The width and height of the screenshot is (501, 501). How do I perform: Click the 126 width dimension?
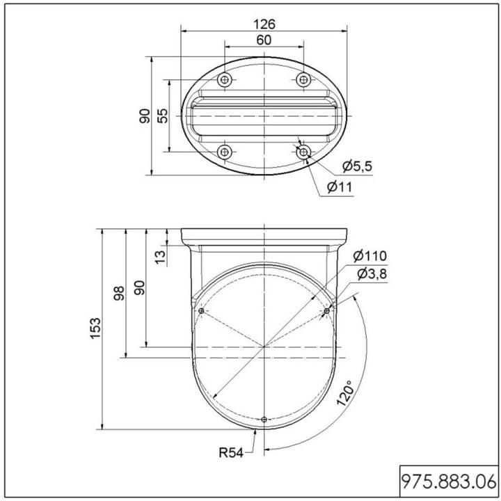tap(264, 24)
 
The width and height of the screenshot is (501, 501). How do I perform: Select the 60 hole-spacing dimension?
tap(264, 40)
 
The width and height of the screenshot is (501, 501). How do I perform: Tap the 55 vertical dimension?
tap(163, 116)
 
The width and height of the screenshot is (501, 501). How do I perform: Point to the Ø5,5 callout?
tap(357, 166)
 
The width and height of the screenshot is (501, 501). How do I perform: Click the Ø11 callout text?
tap(340, 187)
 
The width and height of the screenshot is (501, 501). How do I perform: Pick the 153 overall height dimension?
tap(95, 328)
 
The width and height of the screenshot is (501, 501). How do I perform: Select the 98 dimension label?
tap(119, 293)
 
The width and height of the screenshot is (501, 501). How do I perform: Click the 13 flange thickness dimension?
tap(161, 257)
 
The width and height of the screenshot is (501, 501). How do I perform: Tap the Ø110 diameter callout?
tap(370, 255)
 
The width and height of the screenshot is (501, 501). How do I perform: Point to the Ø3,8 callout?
tap(372, 274)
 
